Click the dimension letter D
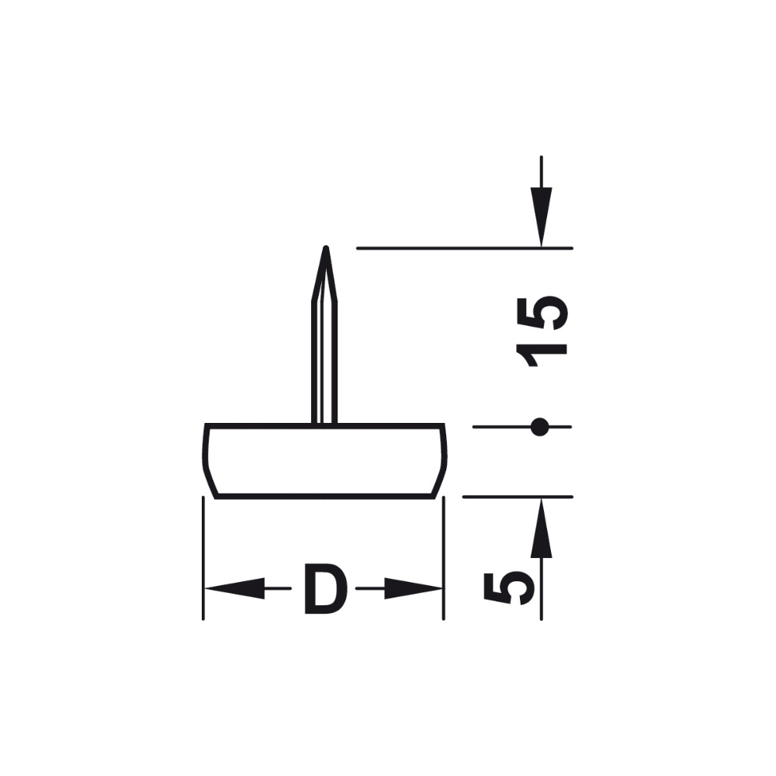(326, 589)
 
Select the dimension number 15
(542, 331)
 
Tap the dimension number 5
(510, 588)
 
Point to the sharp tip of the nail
(326, 247)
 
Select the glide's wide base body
(324, 461)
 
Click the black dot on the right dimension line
(539, 427)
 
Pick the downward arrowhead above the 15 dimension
(542, 217)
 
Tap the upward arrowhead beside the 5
(542, 528)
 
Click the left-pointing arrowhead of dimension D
(234, 588)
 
